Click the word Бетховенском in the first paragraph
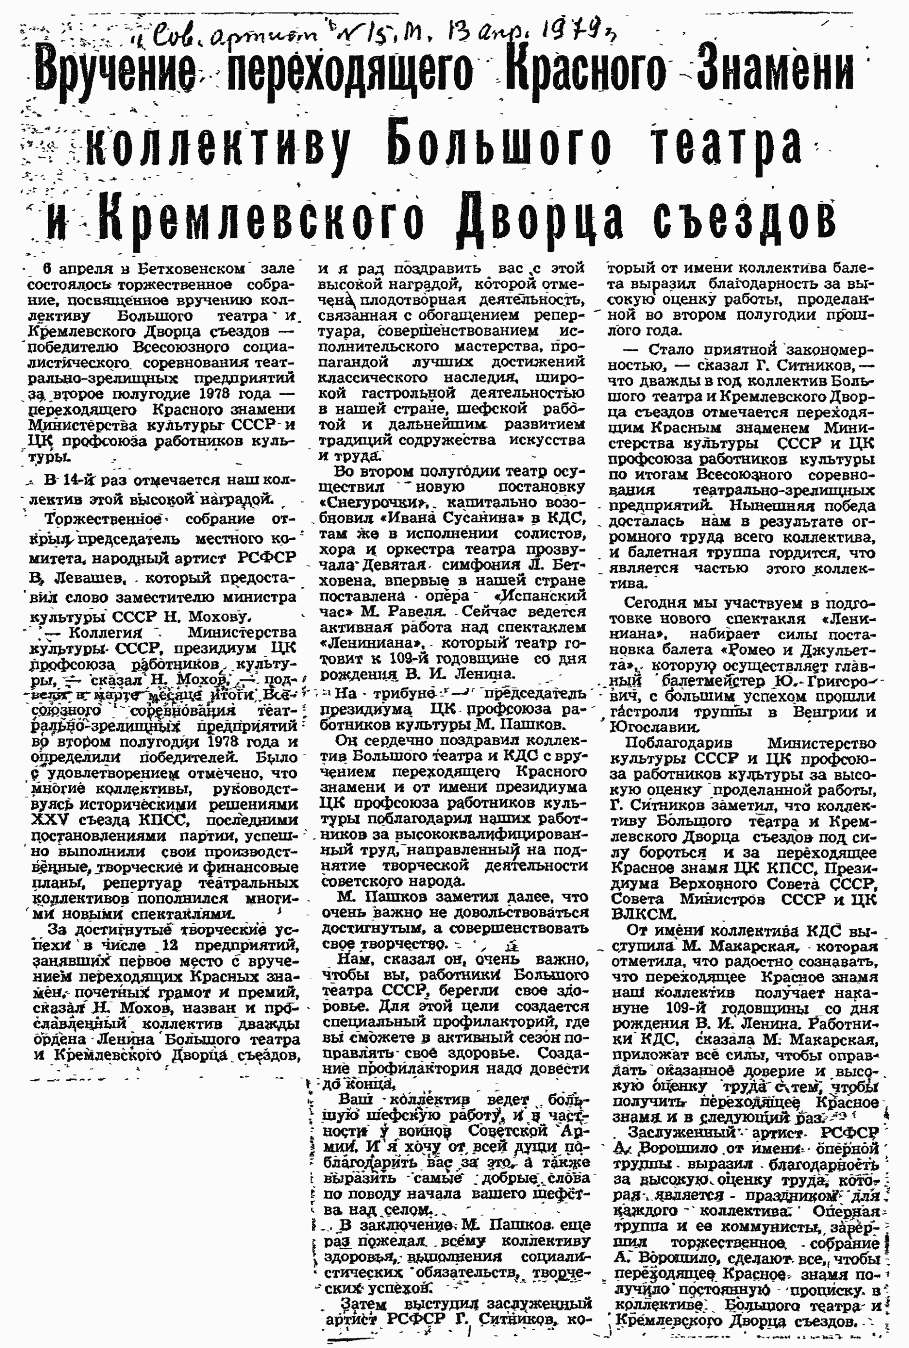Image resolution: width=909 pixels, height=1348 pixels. pyautogui.click(x=192, y=269)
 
